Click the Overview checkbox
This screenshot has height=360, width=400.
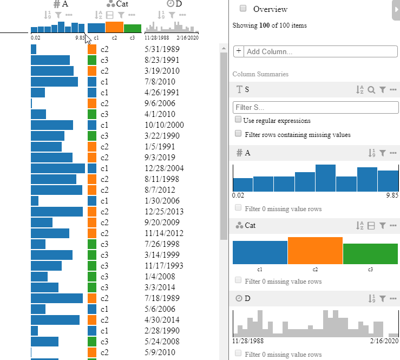[x=243, y=9]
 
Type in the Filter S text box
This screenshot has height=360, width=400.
[x=316, y=107]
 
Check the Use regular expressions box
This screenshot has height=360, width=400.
[x=238, y=120]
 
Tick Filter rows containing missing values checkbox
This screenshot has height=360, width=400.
[x=238, y=134]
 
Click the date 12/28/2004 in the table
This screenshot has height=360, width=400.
[x=165, y=168]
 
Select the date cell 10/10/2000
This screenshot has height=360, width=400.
[x=165, y=125]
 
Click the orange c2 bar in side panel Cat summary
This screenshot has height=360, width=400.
[x=315, y=251]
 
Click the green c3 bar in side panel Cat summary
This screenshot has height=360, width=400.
[x=370, y=254]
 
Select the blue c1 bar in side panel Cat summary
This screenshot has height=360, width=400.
[x=260, y=252]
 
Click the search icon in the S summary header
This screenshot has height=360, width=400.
[x=371, y=90]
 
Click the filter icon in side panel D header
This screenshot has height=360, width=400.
[x=383, y=298]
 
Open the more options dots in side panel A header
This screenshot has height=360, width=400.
[x=394, y=153]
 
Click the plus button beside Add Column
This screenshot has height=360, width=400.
[x=238, y=51]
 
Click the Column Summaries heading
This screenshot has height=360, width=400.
[x=260, y=74]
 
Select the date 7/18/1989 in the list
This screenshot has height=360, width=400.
[x=162, y=298]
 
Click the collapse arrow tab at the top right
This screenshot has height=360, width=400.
[x=396, y=10]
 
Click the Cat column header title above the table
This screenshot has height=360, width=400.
[x=122, y=4]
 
